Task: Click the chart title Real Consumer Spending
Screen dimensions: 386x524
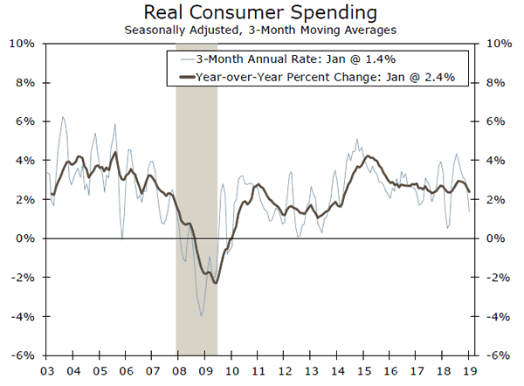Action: pos(261,13)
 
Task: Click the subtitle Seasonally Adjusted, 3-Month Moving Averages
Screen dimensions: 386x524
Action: pos(261,30)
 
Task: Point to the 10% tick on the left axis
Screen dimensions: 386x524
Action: pos(22,44)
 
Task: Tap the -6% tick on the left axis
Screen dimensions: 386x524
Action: pos(22,355)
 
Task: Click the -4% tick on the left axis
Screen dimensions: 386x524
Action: pos(22,316)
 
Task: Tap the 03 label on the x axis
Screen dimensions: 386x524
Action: pos(45,369)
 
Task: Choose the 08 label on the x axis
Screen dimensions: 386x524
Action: pos(179,369)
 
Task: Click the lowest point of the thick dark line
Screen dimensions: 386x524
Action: pos(215,283)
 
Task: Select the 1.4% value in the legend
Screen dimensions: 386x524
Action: pos(351,60)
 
